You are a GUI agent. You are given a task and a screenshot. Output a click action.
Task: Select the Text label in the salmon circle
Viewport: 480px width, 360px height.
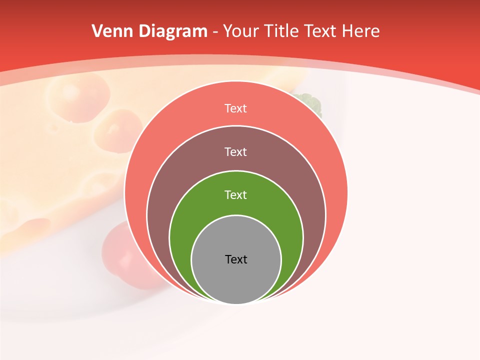[235, 108]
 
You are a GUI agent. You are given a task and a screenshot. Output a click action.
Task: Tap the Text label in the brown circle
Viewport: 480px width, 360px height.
[235, 151]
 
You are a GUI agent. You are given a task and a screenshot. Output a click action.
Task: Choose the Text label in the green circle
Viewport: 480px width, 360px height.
[235, 194]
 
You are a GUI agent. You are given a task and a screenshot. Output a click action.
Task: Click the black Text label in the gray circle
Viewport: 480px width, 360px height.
[236, 259]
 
